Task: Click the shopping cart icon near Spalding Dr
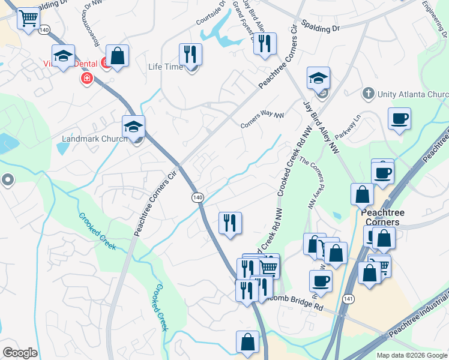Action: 28,19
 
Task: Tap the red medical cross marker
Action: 87,79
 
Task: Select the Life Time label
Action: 165,67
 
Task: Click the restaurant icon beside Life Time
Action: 190,55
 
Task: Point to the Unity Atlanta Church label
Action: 413,94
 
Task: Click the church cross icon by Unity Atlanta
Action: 368,94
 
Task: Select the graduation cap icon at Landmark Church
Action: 134,127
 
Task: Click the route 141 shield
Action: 349,298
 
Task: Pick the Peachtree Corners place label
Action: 382,217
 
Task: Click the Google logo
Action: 20,353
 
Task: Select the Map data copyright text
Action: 412,355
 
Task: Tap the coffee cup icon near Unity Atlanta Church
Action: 399,119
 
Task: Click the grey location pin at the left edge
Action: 7,179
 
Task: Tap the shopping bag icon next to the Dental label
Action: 118,56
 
